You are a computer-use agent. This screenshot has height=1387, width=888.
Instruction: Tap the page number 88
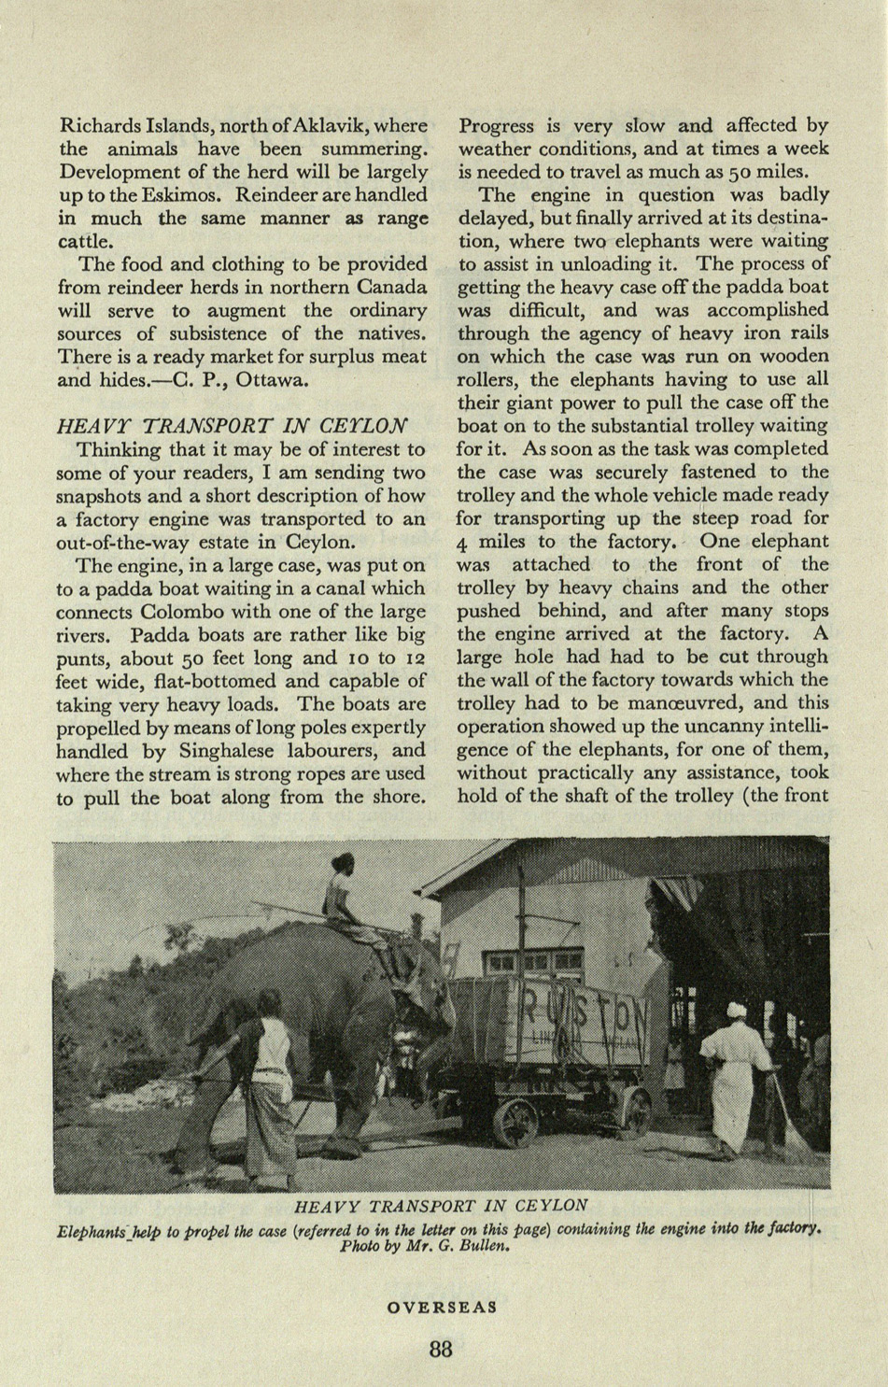tap(441, 1349)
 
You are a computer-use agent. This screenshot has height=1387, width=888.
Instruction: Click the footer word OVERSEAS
tap(442, 1308)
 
